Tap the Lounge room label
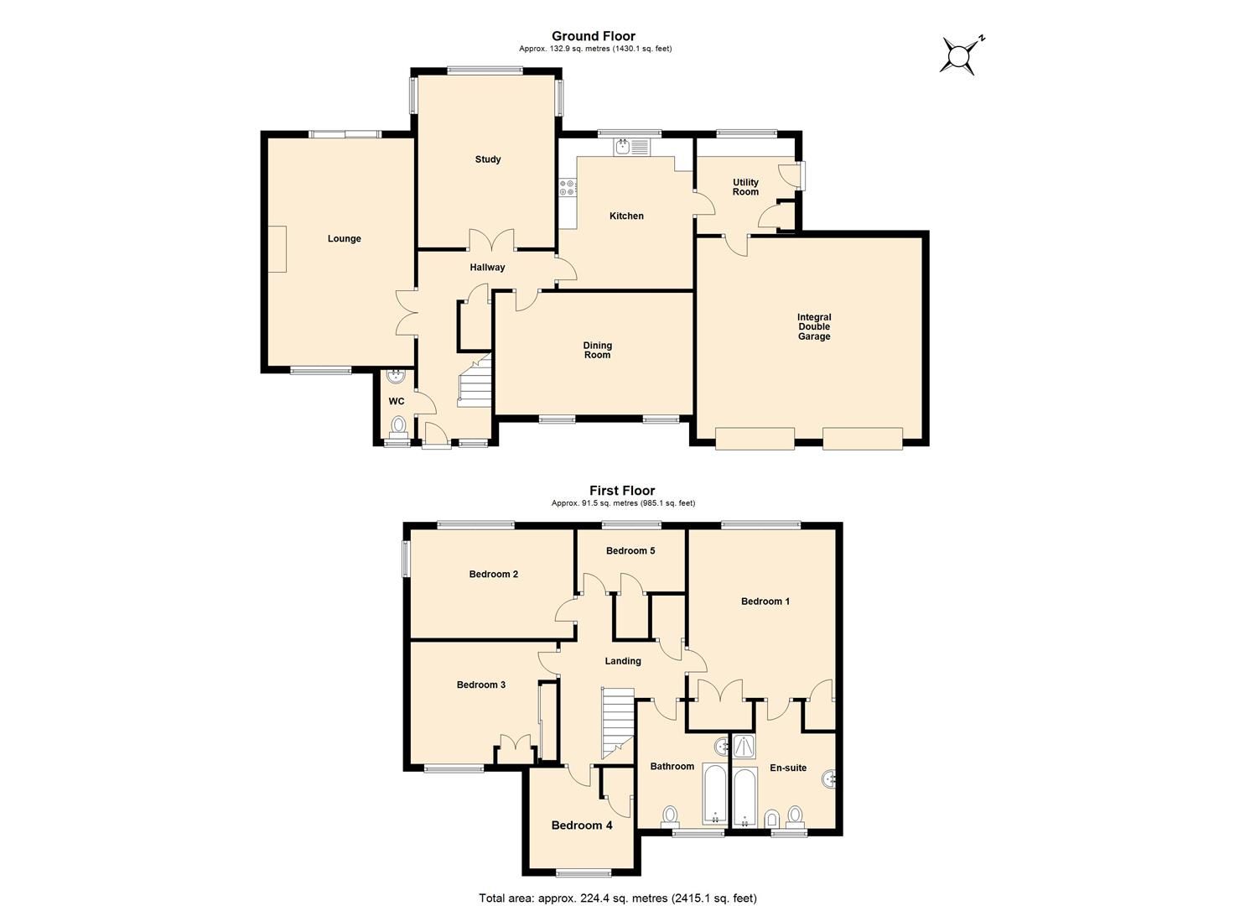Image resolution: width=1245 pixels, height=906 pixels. click(x=344, y=239)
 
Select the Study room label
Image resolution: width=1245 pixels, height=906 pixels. click(x=487, y=159)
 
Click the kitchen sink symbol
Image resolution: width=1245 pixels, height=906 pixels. click(x=623, y=148)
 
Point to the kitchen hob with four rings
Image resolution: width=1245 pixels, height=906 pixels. click(x=568, y=188)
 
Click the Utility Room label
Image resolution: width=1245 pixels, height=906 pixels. click(x=745, y=187)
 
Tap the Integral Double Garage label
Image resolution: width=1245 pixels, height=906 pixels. click(x=813, y=327)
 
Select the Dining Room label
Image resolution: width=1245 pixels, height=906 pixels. click(x=597, y=350)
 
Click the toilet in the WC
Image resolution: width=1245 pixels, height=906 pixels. click(x=398, y=425)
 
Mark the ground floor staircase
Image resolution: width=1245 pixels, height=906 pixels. click(x=473, y=384)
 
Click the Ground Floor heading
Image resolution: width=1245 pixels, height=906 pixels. click(x=593, y=36)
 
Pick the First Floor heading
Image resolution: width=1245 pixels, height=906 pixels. click(x=621, y=491)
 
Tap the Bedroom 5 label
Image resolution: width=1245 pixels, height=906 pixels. click(x=630, y=551)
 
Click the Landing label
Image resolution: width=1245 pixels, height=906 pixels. click(x=622, y=661)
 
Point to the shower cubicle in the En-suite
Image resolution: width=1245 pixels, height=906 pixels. click(x=744, y=747)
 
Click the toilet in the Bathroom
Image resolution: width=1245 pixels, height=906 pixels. click(x=671, y=815)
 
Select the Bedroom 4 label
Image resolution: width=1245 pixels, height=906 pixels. click(x=581, y=825)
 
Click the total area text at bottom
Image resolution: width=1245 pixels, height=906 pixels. click(x=617, y=898)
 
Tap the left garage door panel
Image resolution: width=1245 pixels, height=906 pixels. click(x=754, y=439)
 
